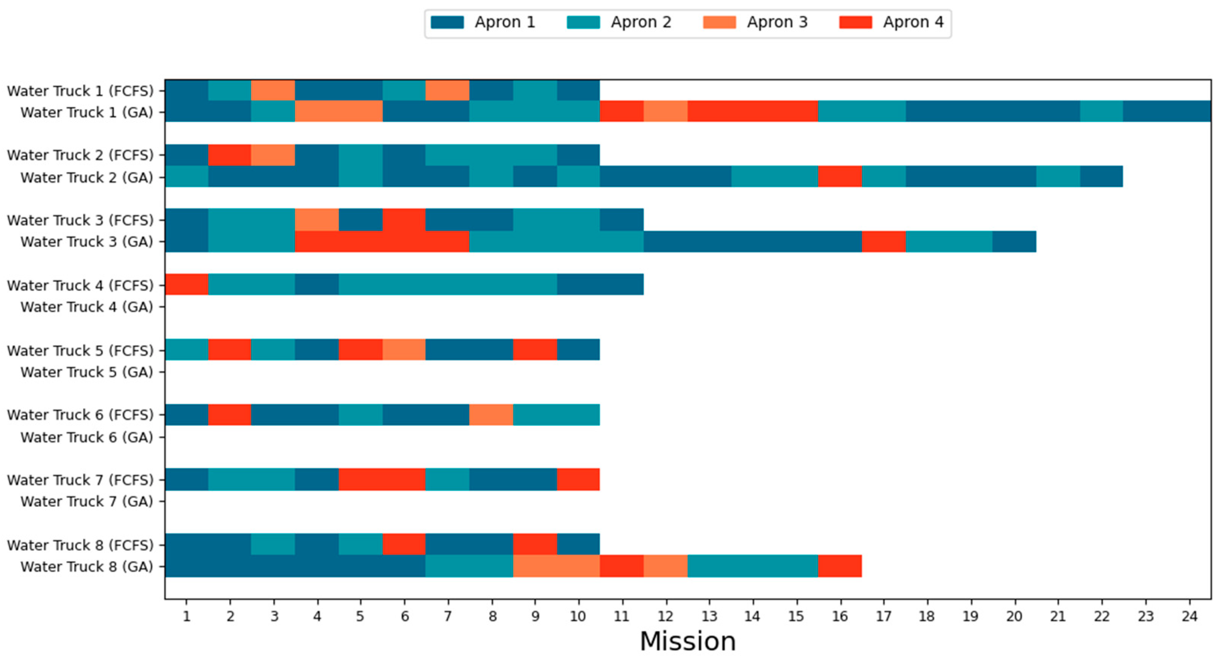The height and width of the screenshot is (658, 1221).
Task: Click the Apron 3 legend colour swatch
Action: tap(719, 22)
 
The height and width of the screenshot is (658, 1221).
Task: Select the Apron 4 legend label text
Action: tap(913, 22)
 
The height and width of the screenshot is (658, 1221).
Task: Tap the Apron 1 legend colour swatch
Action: tap(447, 22)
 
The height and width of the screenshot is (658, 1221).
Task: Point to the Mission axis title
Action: tap(688, 641)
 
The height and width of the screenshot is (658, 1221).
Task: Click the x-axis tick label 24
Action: tap(1189, 616)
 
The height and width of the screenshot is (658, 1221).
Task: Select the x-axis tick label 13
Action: tap(709, 616)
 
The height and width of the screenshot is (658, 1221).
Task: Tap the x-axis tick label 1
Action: tap(186, 616)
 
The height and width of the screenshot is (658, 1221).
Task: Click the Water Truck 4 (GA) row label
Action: tap(87, 307)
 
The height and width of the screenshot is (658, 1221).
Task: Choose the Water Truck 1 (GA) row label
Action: tap(87, 112)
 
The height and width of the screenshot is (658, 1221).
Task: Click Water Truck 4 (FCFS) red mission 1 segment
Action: tap(187, 285)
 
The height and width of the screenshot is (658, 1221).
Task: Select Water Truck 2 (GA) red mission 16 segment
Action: tap(840, 176)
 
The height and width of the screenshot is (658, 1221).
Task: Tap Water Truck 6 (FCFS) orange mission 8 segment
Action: tap(491, 415)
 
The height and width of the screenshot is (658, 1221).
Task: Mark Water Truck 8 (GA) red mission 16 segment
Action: tap(840, 566)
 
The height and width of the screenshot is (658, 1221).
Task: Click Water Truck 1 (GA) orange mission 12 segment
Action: tap(666, 111)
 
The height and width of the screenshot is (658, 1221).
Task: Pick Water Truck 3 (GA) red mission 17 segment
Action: tap(883, 242)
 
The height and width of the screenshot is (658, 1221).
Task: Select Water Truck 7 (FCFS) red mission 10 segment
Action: tap(578, 479)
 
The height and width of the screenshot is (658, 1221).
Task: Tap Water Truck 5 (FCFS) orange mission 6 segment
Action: tap(404, 349)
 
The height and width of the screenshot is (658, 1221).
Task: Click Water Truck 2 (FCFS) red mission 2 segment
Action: tap(230, 155)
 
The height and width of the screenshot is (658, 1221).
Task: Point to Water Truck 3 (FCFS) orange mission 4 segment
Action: tap(317, 220)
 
